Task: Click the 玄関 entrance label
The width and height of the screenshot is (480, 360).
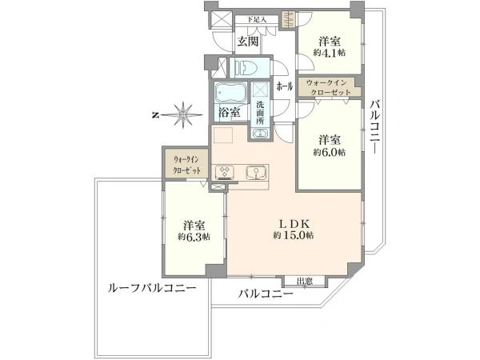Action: (x=248, y=42)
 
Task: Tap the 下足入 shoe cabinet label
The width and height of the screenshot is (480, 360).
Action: (x=257, y=20)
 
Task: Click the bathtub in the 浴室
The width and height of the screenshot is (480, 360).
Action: (x=230, y=93)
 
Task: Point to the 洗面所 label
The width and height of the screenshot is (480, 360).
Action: (x=260, y=113)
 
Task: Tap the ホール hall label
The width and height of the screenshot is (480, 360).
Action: (x=285, y=86)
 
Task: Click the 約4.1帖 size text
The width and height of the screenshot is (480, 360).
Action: (x=330, y=53)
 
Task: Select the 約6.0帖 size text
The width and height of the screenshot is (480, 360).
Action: (x=330, y=152)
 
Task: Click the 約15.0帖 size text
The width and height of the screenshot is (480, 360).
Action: (x=294, y=235)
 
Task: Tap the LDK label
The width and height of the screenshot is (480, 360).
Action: (x=294, y=223)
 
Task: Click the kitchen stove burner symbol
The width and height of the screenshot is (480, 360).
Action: (x=225, y=172)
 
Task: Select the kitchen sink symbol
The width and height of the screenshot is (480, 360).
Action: (x=256, y=173)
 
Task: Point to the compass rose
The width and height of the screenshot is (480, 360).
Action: (x=183, y=115)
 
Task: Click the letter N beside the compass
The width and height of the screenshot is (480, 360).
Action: (x=155, y=115)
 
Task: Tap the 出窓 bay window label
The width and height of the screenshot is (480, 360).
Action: (x=305, y=281)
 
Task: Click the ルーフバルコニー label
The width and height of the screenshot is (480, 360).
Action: (x=152, y=288)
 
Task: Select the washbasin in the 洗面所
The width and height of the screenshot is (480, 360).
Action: (x=260, y=133)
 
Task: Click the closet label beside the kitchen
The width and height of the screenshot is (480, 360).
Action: (x=186, y=165)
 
